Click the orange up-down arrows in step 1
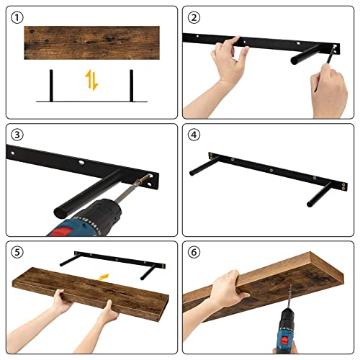coord(91,80)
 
